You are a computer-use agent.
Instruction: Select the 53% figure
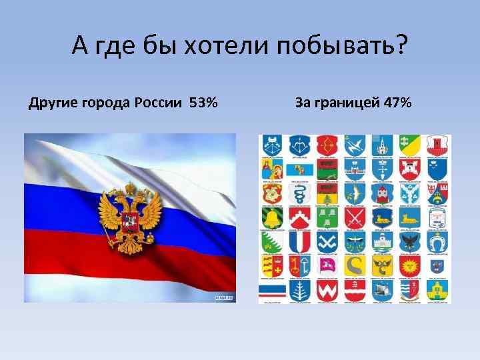point(203,103)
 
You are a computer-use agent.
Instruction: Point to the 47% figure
point(397,103)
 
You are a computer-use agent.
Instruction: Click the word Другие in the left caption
point(53,103)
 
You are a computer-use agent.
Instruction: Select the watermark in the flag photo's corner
point(224,297)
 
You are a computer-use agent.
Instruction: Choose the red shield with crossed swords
point(355,217)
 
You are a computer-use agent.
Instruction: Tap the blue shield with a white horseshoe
point(439,241)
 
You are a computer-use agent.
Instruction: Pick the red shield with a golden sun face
point(411,265)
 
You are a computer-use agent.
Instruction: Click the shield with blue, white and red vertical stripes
point(299,241)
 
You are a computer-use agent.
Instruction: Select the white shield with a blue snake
point(299,193)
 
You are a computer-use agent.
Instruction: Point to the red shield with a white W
point(327,290)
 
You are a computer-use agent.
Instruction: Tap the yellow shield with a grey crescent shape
point(355,265)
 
